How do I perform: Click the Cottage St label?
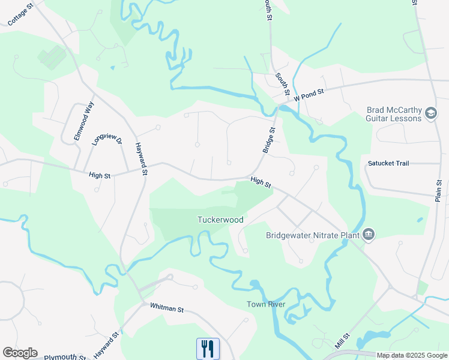point(20,14)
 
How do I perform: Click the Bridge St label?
point(269,139)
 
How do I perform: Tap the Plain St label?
point(438,191)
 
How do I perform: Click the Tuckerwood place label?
point(221,220)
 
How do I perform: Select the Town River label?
point(265,304)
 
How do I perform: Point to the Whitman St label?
point(167,309)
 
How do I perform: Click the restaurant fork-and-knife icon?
point(208,349)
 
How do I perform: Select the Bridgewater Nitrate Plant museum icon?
point(369,235)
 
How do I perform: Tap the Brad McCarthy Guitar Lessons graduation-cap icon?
point(430,113)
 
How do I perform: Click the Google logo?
point(20,353)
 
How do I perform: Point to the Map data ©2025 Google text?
point(411,355)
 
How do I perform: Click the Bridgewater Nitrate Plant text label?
point(313,235)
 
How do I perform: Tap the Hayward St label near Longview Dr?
point(142,158)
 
